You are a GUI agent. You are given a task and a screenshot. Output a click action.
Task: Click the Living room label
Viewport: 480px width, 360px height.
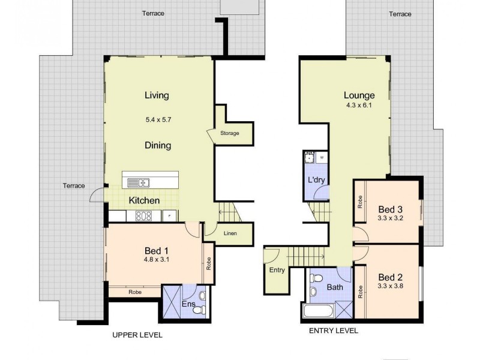tap(157, 95)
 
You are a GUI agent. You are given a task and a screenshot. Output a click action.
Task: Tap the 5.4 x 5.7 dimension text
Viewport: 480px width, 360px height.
tap(158, 119)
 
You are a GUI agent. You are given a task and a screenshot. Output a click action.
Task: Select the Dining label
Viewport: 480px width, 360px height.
tap(158, 145)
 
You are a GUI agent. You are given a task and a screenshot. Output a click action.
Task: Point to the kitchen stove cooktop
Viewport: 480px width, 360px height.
tap(143, 216)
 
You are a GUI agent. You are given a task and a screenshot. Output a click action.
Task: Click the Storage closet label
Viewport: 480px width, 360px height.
tap(229, 133)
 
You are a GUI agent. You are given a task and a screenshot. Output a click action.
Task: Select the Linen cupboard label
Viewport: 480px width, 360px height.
tap(233, 233)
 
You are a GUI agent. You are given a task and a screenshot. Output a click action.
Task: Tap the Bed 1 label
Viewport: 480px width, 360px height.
tap(158, 250)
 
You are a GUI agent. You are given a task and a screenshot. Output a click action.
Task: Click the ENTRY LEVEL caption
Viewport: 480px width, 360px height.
tap(334, 331)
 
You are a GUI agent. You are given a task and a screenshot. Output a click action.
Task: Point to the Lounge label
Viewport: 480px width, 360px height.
tap(359, 95)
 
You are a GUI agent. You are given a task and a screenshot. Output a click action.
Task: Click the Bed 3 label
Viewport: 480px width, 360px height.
tap(390, 209)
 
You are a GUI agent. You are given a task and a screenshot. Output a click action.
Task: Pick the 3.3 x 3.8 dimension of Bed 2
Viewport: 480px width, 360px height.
tap(391, 287)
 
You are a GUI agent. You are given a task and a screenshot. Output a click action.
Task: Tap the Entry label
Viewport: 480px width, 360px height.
tap(277, 270)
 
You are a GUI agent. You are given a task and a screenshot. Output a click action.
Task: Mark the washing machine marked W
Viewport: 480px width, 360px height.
tap(322, 158)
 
